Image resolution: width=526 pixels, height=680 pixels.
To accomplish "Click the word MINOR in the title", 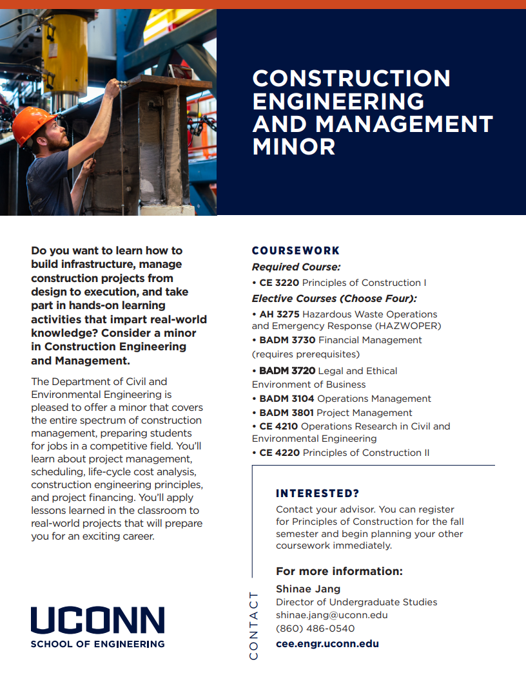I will [294, 147].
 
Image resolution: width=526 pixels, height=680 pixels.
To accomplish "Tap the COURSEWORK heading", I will [295, 250].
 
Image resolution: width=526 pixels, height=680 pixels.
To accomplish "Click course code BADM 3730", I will [287, 340].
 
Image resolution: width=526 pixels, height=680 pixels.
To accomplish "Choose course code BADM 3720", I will [287, 371].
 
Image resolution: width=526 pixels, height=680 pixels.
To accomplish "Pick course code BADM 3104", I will [287, 399].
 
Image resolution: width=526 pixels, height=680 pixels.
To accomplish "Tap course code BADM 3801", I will [287, 413].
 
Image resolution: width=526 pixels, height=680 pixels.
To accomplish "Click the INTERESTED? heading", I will [317, 494].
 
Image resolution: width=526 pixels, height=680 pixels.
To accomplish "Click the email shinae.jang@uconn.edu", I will [331, 615].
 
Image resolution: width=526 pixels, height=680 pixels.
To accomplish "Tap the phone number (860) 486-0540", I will [315, 628].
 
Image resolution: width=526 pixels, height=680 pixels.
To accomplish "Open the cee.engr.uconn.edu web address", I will [327, 643].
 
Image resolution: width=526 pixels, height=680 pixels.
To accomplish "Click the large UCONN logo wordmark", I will [97, 619].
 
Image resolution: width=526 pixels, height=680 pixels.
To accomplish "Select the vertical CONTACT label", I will [253, 625].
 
